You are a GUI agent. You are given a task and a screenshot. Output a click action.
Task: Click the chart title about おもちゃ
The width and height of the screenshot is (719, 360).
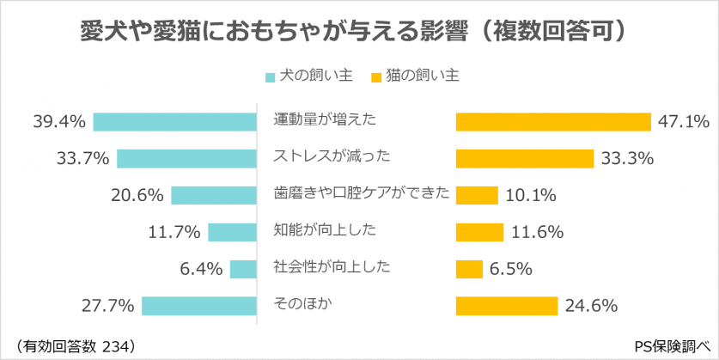(359, 32)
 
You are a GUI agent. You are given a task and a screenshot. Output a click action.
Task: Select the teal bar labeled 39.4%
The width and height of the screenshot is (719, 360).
(175, 122)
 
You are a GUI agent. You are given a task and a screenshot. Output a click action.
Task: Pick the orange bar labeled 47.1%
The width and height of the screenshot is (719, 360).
(552, 122)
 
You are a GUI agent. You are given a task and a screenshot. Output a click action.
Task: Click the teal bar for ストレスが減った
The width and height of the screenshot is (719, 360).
(187, 158)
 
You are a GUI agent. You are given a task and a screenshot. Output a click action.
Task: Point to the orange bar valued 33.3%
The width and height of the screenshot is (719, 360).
(524, 158)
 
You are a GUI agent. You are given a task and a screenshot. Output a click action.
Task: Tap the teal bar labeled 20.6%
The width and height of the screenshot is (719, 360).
(215, 195)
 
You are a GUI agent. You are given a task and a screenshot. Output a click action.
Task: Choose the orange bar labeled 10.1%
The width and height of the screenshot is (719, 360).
(476, 195)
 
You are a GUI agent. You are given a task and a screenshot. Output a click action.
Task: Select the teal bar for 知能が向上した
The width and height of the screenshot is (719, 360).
(233, 232)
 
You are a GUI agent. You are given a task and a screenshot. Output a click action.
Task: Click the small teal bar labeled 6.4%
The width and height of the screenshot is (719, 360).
(244, 269)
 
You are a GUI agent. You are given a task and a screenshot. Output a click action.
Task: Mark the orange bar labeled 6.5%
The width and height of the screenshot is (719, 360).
(468, 269)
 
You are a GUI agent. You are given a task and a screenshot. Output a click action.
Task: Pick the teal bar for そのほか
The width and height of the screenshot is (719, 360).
(200, 305)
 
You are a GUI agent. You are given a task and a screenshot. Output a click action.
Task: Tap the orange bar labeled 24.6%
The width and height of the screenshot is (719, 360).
(506, 305)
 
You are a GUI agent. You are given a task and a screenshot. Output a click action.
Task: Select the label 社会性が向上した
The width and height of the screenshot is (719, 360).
(331, 266)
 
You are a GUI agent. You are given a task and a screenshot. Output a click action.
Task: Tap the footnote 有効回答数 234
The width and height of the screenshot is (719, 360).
(76, 345)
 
